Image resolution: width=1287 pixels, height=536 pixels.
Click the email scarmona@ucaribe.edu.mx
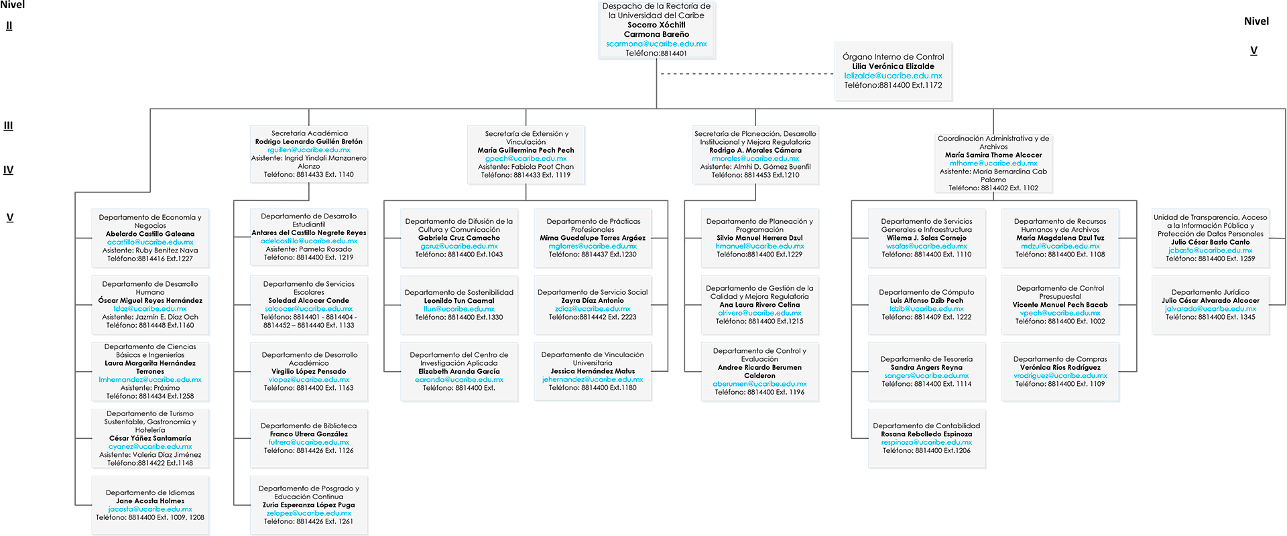pos(656,44)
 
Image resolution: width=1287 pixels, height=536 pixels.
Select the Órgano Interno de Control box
pos(893,71)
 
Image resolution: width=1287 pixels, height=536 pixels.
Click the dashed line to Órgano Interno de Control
pos(747,74)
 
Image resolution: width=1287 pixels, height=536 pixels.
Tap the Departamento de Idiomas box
pos(150,505)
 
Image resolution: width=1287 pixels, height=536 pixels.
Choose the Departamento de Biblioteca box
pos(309,438)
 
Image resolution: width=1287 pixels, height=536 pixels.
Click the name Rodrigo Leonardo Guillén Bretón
pos(309,141)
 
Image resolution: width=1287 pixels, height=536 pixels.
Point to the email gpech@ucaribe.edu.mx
pos(526,159)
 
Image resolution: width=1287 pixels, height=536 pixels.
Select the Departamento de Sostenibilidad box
pos(459,305)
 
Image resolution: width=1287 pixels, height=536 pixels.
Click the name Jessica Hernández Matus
pos(593,371)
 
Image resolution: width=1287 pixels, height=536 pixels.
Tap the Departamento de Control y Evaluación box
pos(759,372)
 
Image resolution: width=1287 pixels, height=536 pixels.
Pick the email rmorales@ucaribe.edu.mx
pos(755,159)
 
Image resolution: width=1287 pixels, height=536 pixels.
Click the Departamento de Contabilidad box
pos(926,438)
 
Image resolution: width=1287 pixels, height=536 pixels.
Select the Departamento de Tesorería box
pos(926,372)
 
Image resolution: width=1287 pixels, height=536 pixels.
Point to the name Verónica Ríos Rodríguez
pos(1060,367)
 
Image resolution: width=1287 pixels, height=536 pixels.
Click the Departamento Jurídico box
pos(1211,305)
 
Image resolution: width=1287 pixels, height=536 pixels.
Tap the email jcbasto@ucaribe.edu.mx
pos(1211,251)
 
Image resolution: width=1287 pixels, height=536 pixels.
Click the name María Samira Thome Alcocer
pos(993,155)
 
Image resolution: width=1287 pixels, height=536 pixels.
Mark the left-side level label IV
pos(8,170)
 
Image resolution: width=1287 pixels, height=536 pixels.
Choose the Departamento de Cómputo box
pos(926,305)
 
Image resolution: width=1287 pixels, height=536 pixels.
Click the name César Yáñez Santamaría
pos(150,438)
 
